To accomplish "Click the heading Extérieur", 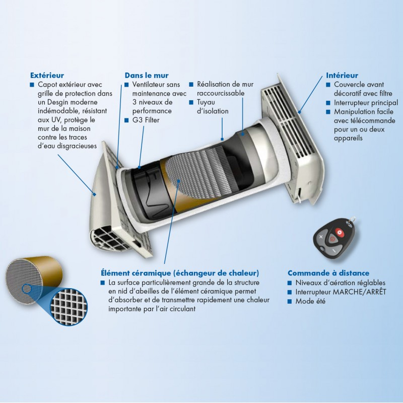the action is click(x=47, y=75).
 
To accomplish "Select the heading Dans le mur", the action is click(x=147, y=75).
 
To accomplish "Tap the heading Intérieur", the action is click(x=342, y=75).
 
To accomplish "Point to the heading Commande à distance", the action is click(x=328, y=273).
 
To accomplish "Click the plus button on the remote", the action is click(x=321, y=237).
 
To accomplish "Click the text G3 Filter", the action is click(x=146, y=120).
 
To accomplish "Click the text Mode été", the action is click(x=310, y=301).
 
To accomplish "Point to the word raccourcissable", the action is click(x=221, y=93).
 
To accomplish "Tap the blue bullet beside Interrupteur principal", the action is click(x=328, y=103).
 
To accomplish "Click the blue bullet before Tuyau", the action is click(x=191, y=102).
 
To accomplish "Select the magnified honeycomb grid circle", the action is click(x=69, y=307).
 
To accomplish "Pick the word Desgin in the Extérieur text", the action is click(x=59, y=102).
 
